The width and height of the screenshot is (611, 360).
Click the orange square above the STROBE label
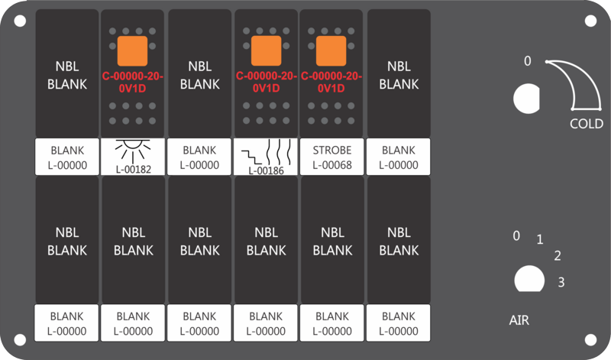click(x=331, y=50)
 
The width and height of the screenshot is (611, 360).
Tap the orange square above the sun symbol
click(x=132, y=50)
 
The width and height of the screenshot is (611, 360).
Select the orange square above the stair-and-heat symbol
click(x=266, y=50)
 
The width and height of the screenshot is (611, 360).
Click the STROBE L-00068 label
click(x=332, y=157)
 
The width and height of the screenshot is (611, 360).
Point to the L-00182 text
click(x=133, y=169)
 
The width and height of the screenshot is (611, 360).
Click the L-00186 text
click(x=266, y=170)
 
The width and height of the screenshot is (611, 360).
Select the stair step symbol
click(x=251, y=157)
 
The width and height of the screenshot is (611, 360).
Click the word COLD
click(x=586, y=124)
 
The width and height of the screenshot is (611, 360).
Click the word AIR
click(x=519, y=320)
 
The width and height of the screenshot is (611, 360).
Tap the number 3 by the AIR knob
click(x=561, y=282)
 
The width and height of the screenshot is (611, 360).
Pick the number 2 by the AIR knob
click(x=558, y=255)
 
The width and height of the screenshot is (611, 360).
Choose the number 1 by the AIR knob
click(x=540, y=239)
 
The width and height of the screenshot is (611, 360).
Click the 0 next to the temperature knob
click(x=527, y=61)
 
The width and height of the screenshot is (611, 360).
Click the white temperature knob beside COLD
click(x=526, y=99)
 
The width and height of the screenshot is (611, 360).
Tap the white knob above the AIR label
click(x=529, y=279)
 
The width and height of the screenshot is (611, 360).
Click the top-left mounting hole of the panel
click(x=20, y=21)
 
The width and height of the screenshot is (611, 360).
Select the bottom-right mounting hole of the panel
click(x=590, y=339)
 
